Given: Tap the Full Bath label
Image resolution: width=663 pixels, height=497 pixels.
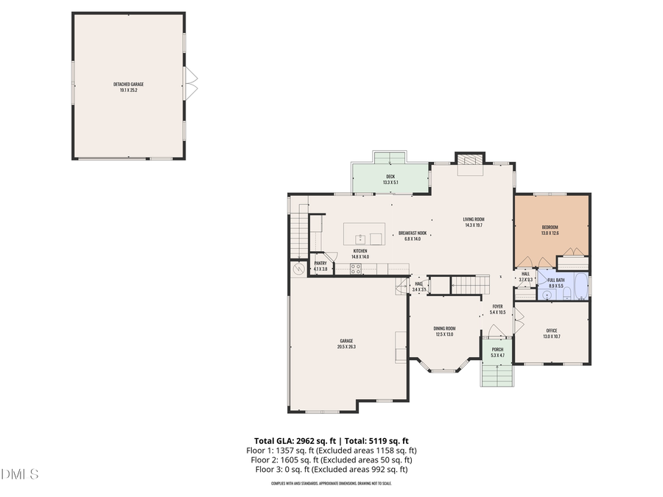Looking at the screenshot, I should coord(555,283).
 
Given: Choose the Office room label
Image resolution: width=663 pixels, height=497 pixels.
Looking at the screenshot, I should coord(552,333).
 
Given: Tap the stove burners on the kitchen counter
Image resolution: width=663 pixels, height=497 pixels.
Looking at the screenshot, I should coord(356,269).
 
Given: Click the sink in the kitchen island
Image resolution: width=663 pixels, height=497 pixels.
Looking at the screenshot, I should coord(360,239).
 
